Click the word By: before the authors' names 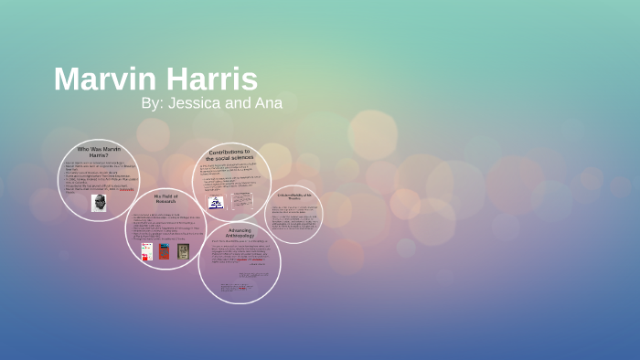[152, 103]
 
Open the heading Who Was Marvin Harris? [98, 152]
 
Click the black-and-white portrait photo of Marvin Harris [99, 202]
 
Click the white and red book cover [146, 250]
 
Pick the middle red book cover [165, 250]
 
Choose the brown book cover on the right [183, 250]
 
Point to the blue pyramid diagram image [216, 202]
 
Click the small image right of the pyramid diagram [242, 199]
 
